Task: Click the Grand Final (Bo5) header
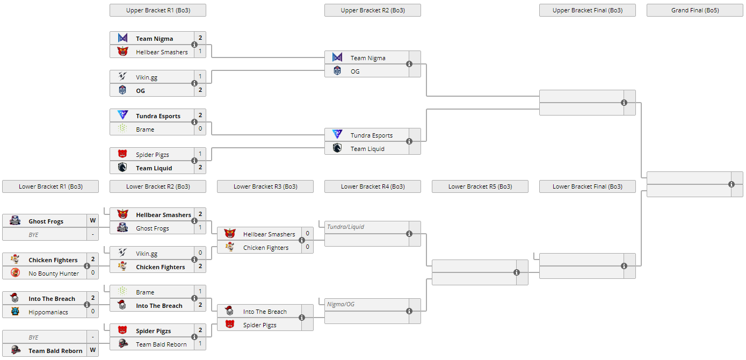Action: click(694, 10)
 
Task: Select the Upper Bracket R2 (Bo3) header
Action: click(372, 10)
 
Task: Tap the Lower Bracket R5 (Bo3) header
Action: click(480, 186)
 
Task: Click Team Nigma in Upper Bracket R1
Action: click(154, 39)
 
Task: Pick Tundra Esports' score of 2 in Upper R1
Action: click(200, 116)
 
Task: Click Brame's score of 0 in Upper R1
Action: click(200, 129)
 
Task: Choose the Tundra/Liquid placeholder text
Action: click(345, 227)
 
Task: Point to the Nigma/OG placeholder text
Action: click(341, 304)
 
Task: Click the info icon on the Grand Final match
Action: click(731, 184)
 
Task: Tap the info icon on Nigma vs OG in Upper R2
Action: click(409, 64)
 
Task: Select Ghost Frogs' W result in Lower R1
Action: click(93, 221)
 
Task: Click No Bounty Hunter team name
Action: click(54, 273)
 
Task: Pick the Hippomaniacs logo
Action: click(15, 312)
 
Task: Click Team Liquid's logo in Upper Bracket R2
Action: click(337, 148)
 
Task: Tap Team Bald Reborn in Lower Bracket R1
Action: click(55, 351)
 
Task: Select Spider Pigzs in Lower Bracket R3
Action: click(259, 325)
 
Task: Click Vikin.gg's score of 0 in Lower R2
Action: click(200, 253)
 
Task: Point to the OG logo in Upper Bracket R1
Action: click(122, 90)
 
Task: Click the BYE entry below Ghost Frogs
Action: click(33, 235)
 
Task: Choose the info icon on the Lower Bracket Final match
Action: click(624, 266)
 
